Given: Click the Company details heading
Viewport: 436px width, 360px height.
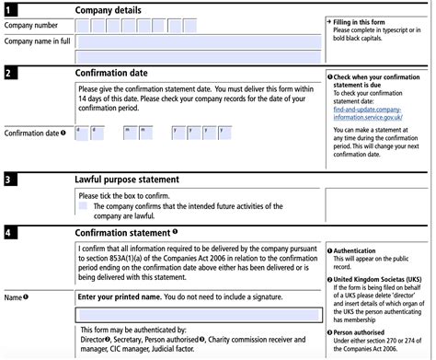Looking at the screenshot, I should click(109, 9).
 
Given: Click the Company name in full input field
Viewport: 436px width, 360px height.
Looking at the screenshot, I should click(199, 41).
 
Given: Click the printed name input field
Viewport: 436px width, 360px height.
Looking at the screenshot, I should click(199, 315).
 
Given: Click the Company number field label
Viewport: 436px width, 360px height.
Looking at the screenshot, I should click(34, 25).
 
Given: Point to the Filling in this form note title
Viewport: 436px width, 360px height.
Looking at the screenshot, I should click(365, 19).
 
